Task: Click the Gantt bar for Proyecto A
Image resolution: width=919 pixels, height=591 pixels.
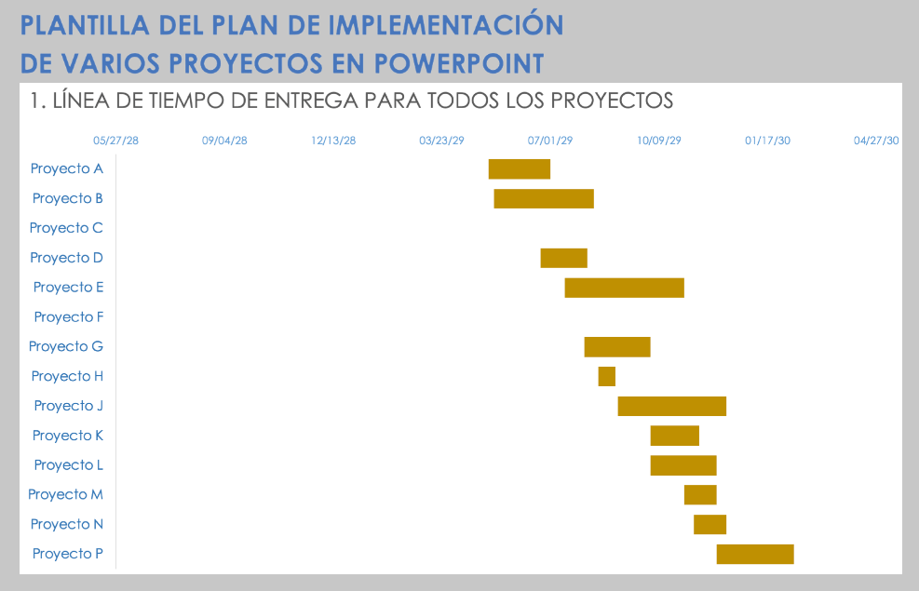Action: [x=519, y=168]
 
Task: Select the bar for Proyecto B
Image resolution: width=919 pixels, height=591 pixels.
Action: [x=543, y=198]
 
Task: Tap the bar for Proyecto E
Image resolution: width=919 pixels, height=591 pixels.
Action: [x=624, y=288]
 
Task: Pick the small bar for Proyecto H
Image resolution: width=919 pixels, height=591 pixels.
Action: [x=606, y=376]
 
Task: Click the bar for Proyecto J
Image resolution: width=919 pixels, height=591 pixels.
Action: [x=671, y=406]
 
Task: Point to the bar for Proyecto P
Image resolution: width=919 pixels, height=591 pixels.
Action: [x=754, y=554]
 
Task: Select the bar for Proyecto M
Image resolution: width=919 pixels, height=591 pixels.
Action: [x=699, y=494]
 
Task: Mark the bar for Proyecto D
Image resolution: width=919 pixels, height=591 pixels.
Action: [x=563, y=258]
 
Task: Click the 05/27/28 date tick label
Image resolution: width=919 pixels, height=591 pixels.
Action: [x=115, y=141]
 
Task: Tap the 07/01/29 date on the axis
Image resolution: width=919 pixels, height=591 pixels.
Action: [x=550, y=141]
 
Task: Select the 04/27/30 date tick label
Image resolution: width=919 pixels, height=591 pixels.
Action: [x=876, y=141]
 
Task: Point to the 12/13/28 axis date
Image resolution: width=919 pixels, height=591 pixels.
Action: [x=333, y=141]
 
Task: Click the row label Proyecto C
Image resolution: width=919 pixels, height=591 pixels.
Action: [x=66, y=228]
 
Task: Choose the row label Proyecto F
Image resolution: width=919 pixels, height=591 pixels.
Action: [x=69, y=317]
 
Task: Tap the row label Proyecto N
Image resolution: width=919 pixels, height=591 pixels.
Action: [x=67, y=524]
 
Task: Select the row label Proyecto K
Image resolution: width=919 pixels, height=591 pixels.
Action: [x=68, y=436]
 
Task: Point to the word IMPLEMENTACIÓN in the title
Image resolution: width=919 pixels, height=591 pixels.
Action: [x=451, y=25]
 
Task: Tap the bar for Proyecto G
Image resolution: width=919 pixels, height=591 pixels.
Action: [x=616, y=346]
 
